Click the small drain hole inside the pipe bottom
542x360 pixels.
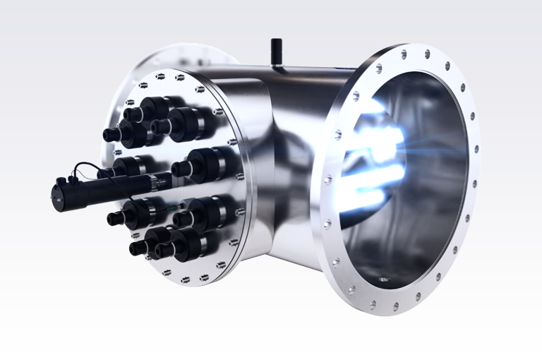[x=383, y=280]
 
